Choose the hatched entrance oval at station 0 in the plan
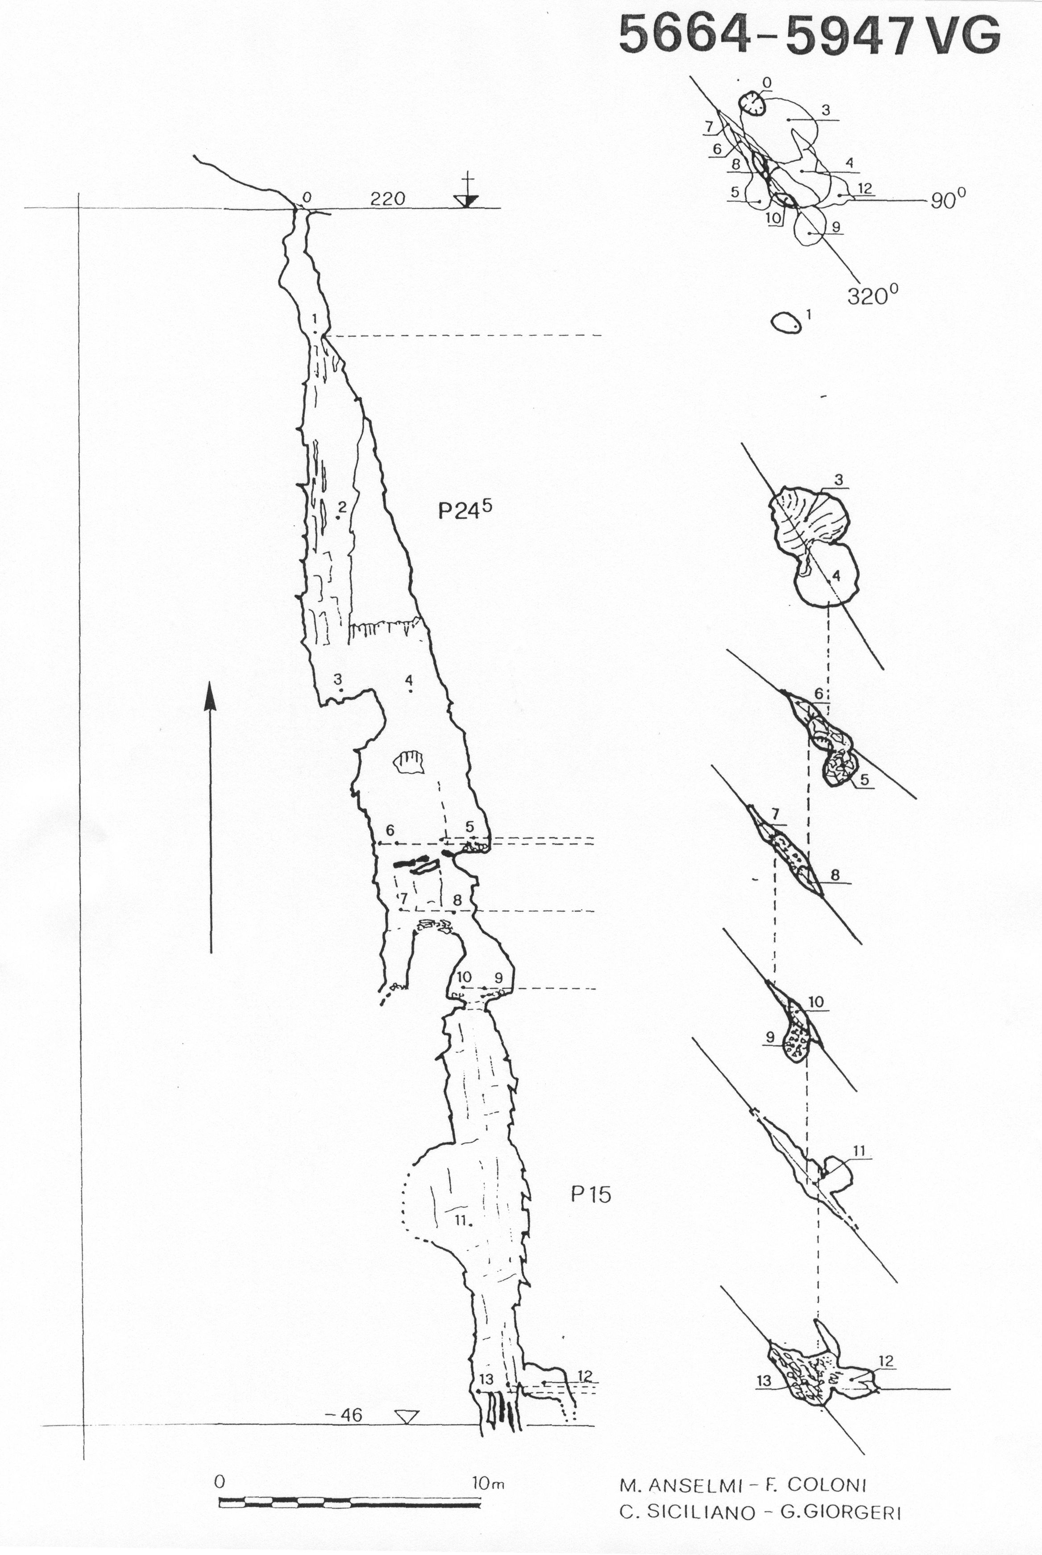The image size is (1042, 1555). [x=751, y=103]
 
